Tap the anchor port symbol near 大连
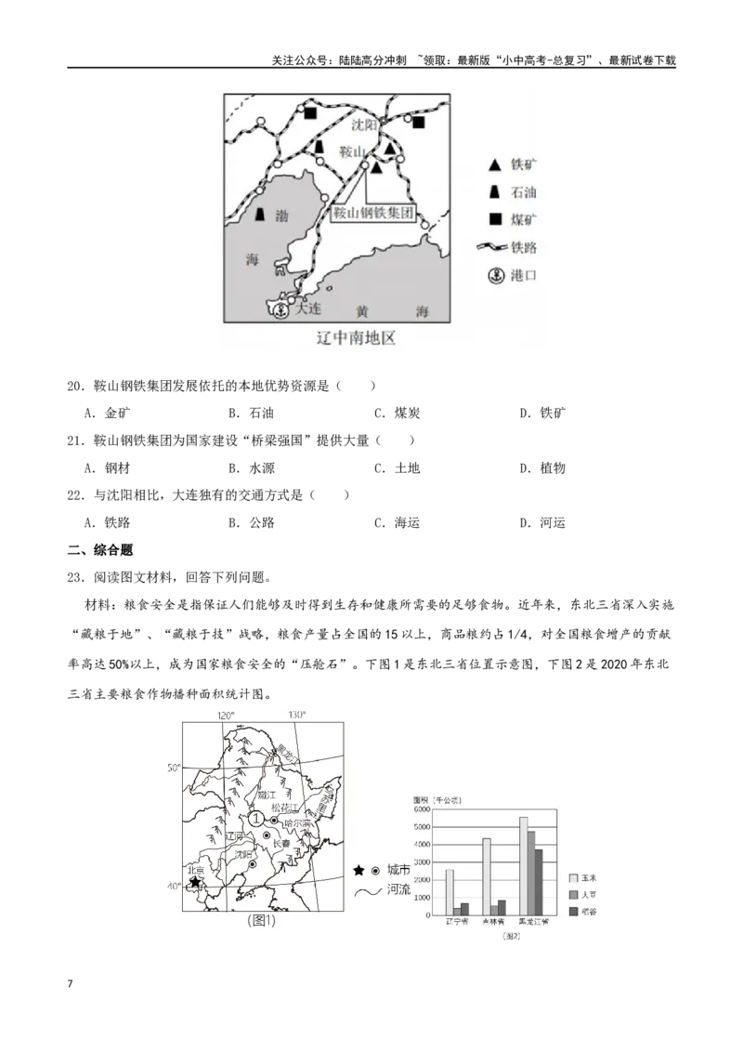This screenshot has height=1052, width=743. point(277,310)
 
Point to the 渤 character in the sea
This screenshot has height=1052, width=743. point(282,215)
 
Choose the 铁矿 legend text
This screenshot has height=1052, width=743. point(523,165)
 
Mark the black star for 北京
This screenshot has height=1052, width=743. point(195,882)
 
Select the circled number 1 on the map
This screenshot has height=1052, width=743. point(255,819)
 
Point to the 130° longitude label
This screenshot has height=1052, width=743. point(296,715)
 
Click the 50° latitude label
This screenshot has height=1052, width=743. point(174,769)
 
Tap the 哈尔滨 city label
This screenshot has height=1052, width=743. point(297,823)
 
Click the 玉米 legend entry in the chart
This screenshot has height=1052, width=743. point(589,876)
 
